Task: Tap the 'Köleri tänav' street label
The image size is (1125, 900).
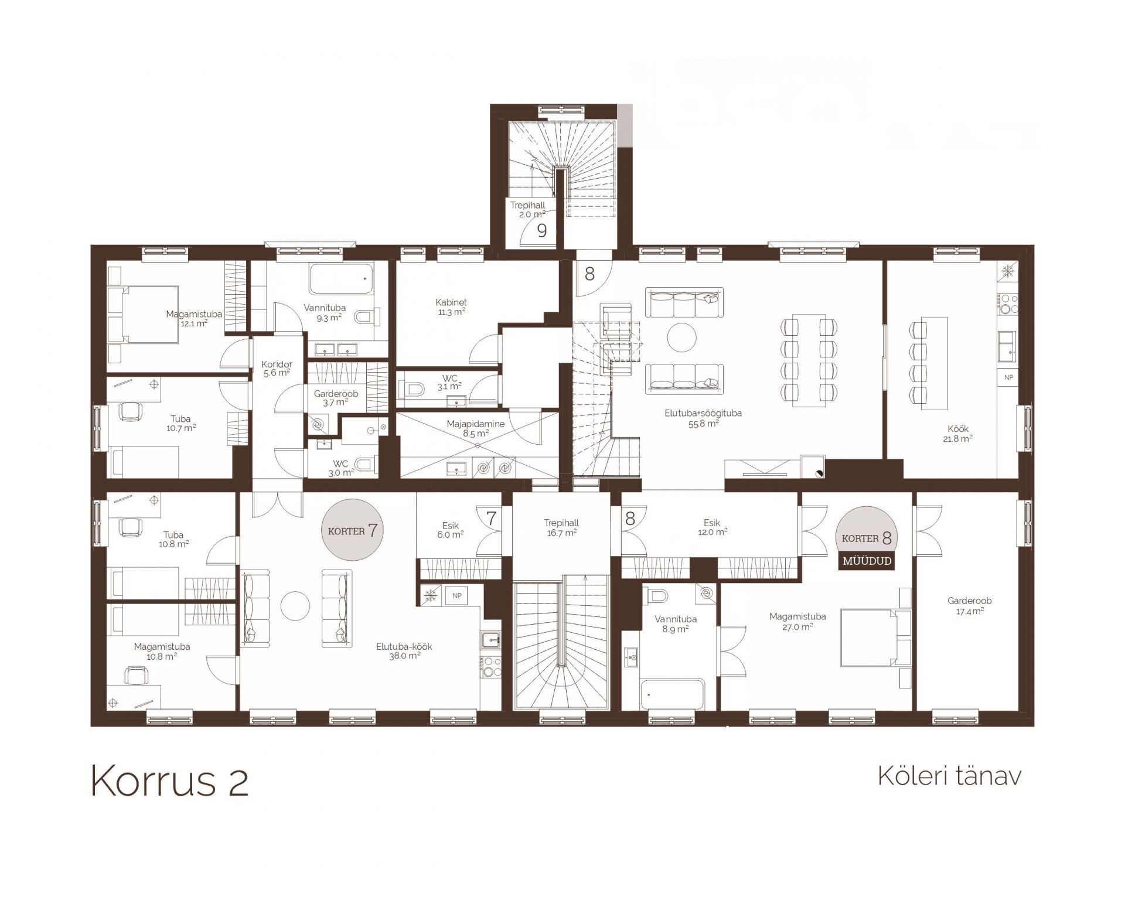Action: coord(949,776)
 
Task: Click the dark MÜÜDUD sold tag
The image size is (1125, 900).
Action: coord(867,561)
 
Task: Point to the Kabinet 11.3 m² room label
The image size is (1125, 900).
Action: coord(451,307)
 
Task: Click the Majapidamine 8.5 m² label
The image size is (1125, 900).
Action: coord(475,429)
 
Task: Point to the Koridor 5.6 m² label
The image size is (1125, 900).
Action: coord(277,369)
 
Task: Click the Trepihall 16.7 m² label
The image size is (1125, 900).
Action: coord(561,527)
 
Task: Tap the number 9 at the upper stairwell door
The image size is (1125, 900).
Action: coord(542,231)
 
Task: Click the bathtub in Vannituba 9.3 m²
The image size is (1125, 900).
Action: coord(341,279)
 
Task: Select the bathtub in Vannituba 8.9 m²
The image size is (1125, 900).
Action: coord(673,694)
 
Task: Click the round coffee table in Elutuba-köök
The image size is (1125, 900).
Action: coord(295,606)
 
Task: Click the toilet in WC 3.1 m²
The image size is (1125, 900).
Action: coord(412,388)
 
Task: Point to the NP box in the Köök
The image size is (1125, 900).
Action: coord(1008,377)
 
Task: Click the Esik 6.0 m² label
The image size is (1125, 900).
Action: coord(450,530)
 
